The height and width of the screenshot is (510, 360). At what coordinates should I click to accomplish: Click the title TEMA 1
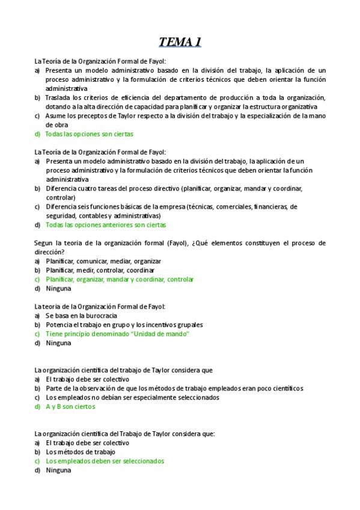(180, 42)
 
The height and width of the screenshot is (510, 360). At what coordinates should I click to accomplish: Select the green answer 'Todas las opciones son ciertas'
(90, 134)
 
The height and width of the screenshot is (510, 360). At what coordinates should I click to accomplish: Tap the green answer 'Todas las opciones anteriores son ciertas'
(106, 225)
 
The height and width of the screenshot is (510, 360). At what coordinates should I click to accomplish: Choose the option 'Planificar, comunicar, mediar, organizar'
(95, 261)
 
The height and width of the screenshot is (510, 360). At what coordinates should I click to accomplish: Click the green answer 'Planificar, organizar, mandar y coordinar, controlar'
(120, 279)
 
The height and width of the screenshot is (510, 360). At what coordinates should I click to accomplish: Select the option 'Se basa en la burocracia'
(81, 316)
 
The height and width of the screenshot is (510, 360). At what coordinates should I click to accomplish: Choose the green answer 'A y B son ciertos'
(70, 407)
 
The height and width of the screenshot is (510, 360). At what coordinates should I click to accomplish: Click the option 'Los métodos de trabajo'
(80, 452)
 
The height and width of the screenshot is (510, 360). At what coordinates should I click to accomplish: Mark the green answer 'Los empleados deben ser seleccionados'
(105, 461)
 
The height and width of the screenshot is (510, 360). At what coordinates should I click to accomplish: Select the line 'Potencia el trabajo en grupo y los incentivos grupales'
(124, 325)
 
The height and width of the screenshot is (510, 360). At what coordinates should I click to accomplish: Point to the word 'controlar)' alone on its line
(60, 197)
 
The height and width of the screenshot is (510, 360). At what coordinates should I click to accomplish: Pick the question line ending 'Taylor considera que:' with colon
(124, 434)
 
